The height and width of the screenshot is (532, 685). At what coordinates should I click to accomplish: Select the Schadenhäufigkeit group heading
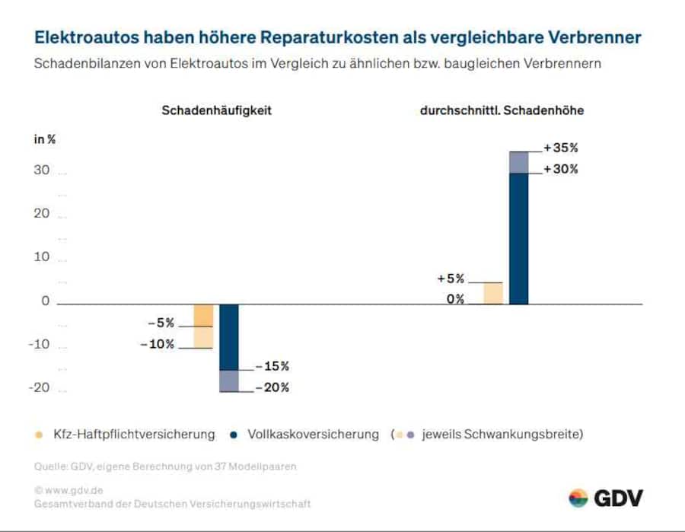(216, 110)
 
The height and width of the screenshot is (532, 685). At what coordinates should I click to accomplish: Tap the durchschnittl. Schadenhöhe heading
(502, 110)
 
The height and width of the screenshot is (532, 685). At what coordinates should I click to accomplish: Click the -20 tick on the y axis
(40, 387)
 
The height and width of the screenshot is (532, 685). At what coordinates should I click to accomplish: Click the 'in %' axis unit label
(44, 139)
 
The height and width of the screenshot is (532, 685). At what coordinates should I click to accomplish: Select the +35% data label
(561, 148)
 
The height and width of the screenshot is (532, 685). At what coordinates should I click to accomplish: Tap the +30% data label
(561, 169)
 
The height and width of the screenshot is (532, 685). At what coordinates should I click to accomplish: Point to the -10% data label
(158, 344)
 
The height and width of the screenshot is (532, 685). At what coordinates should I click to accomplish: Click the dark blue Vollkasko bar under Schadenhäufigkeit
(228, 336)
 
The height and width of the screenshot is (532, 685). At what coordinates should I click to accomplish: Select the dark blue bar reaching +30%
(518, 237)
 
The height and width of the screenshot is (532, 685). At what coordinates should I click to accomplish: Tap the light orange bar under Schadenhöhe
(493, 293)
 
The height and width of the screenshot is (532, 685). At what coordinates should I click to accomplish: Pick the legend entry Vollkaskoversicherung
(312, 435)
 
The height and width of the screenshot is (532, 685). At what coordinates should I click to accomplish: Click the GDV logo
(606, 499)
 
